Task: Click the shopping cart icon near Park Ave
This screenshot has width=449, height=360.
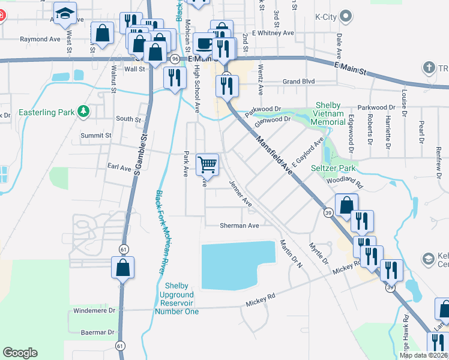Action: coord(208,163)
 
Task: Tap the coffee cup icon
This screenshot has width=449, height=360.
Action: coord(204,43)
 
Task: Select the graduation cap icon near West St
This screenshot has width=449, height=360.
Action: coord(64,12)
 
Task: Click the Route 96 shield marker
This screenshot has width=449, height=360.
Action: coord(175,59)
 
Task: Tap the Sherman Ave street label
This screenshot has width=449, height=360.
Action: coord(239,226)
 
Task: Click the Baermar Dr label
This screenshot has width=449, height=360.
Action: coord(98,332)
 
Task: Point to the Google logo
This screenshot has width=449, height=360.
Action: coord(20,352)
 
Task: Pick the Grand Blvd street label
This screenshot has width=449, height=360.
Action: coord(299,82)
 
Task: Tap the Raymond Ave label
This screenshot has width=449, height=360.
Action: coord(40,39)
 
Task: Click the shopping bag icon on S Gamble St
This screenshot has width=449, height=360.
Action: coord(122,268)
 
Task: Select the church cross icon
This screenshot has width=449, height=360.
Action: coord(429,67)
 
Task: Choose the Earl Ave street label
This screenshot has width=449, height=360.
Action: coord(119,167)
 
